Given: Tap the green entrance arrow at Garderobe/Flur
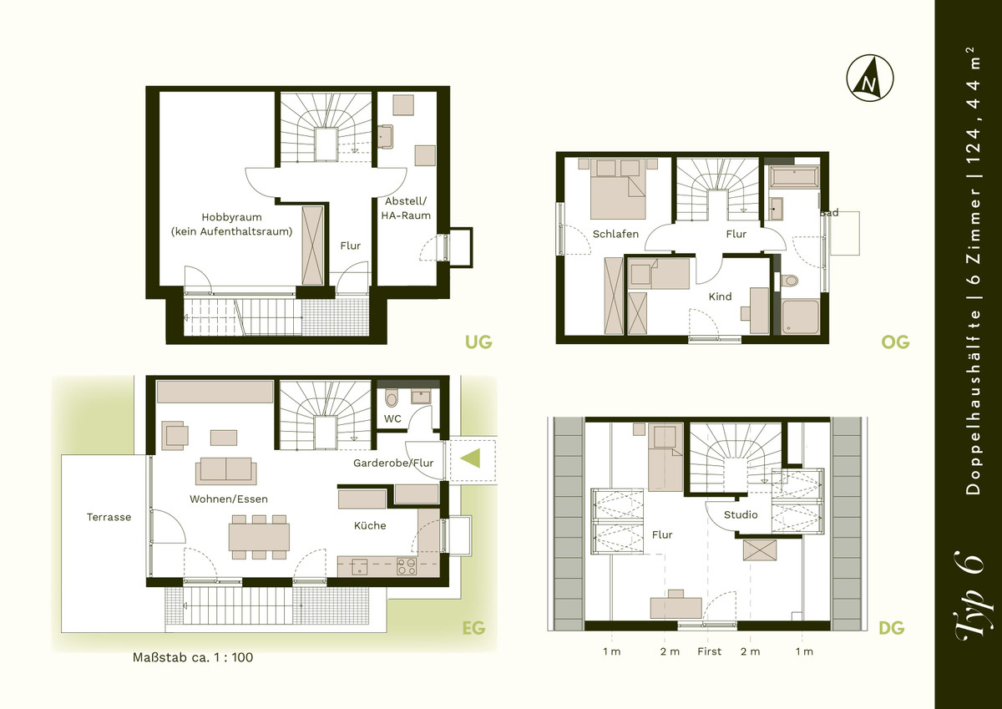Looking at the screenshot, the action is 471,458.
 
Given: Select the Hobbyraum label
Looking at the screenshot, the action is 232,217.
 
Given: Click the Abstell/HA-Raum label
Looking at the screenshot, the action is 406,209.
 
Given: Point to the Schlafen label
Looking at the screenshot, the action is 615,234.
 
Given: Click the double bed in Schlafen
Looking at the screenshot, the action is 618,190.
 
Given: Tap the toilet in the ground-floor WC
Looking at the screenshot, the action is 392,398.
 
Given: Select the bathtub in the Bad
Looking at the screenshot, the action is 794,177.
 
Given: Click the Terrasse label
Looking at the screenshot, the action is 109,517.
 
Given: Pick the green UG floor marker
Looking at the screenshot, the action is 478,342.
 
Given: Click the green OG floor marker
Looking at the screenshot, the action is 895,342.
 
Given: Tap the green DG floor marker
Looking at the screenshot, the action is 892,628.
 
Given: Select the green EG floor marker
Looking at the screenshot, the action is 473,628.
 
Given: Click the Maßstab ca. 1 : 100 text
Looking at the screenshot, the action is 193,657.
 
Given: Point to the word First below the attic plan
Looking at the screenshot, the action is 710,651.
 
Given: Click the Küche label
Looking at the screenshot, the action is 370,525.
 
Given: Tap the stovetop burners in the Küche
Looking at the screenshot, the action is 407,566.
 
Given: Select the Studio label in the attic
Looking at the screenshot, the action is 741,515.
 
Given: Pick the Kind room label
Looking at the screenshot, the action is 720,296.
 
